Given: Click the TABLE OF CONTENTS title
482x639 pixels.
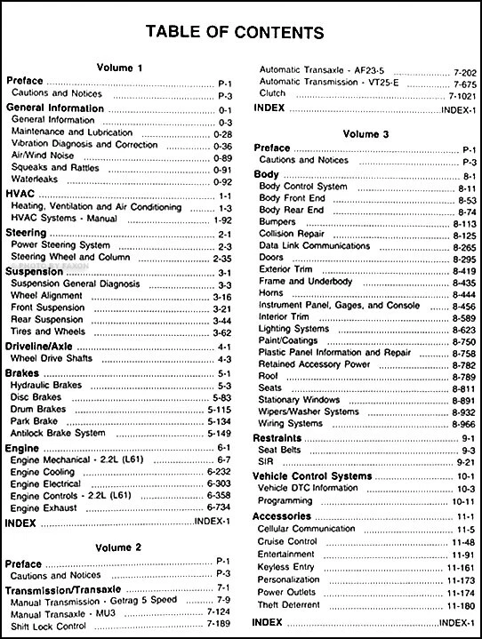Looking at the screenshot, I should (240, 33).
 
